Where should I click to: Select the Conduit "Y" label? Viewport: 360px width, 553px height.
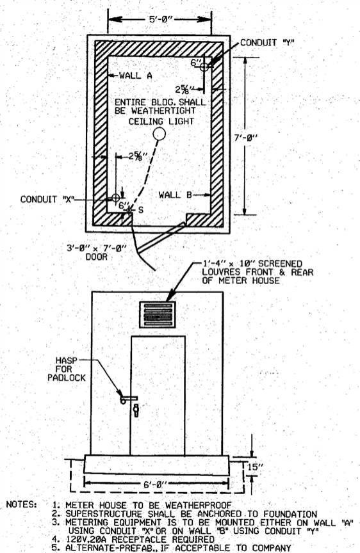tap(267, 43)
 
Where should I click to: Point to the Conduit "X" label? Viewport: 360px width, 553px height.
tap(47, 199)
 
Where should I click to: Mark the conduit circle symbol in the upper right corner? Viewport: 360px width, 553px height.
tap(204, 67)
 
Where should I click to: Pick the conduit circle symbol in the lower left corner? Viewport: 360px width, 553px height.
tap(116, 198)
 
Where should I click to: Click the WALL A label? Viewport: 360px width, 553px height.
tap(136, 75)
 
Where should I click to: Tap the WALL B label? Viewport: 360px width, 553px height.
tap(175, 195)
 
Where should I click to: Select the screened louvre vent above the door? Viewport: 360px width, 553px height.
tap(157, 315)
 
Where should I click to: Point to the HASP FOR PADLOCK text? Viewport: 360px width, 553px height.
tap(67, 369)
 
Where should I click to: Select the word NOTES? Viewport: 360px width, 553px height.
tap(22, 504)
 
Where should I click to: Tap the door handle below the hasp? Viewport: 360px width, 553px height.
tap(135, 410)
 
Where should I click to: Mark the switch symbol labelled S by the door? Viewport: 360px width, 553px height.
tap(129, 210)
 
